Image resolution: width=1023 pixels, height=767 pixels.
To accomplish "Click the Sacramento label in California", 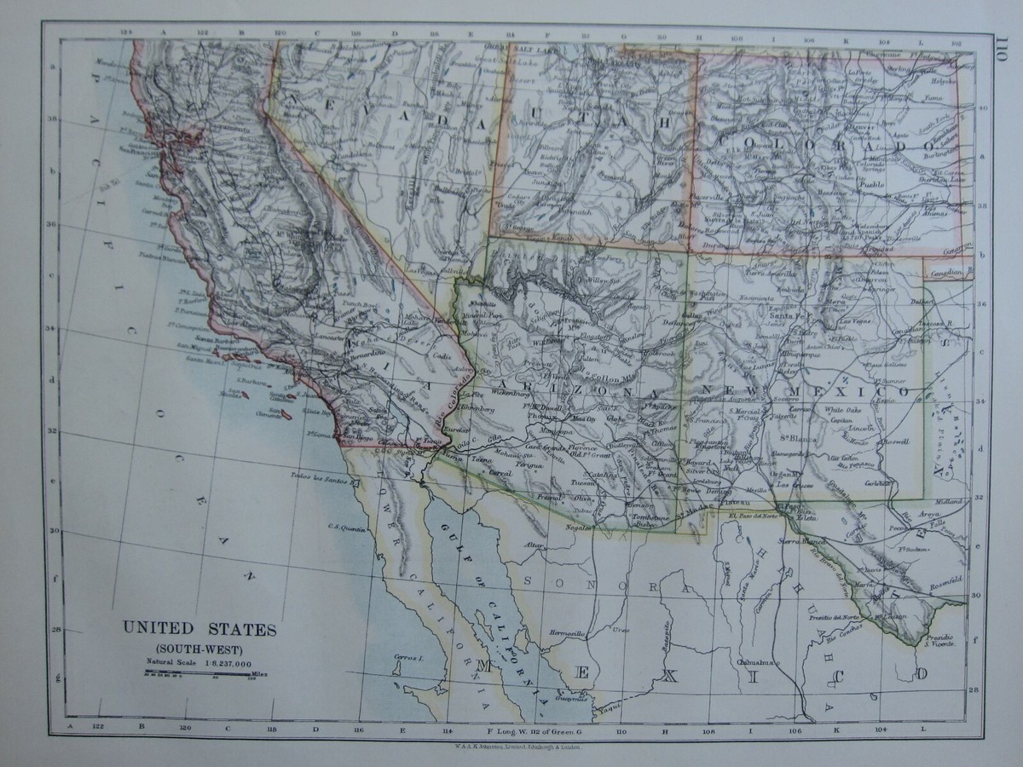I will [x=217, y=128].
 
